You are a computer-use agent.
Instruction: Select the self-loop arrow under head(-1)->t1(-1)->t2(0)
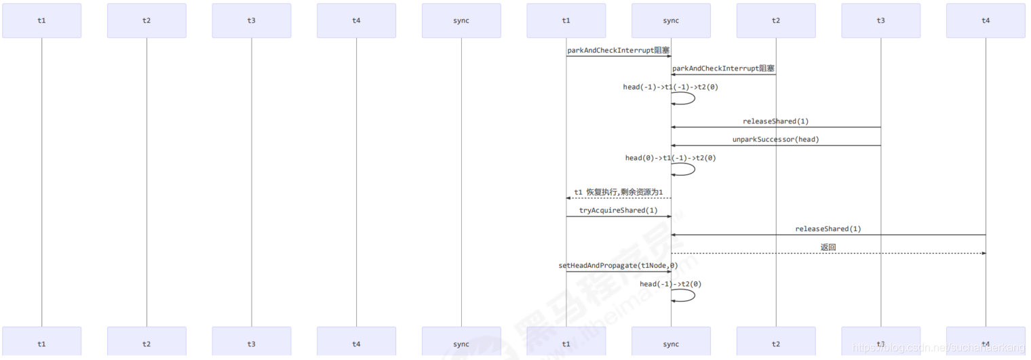(694, 98)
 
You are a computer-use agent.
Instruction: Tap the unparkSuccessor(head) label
(775, 140)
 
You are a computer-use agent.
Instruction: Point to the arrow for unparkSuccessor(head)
(775, 145)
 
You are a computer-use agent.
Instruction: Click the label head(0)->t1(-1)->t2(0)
(670, 158)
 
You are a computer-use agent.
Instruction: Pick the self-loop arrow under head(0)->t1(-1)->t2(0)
(694, 169)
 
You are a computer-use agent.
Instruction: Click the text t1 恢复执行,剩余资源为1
(618, 193)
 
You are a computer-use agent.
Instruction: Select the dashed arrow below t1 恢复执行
(619, 198)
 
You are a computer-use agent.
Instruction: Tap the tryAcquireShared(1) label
(618, 211)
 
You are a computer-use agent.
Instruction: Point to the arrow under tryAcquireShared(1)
(619, 216)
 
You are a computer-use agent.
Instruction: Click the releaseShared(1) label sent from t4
(828, 229)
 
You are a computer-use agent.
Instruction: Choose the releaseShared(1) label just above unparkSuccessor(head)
(775, 121)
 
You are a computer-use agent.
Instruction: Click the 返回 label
(828, 247)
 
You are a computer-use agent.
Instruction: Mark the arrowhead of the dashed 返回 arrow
(984, 254)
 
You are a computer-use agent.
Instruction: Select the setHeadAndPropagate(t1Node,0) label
(618, 266)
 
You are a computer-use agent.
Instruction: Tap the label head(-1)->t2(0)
(670, 284)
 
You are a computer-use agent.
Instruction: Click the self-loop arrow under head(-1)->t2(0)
(694, 295)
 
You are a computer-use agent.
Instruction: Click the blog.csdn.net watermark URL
(939, 348)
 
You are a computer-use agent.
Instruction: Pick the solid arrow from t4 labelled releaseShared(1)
(828, 235)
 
